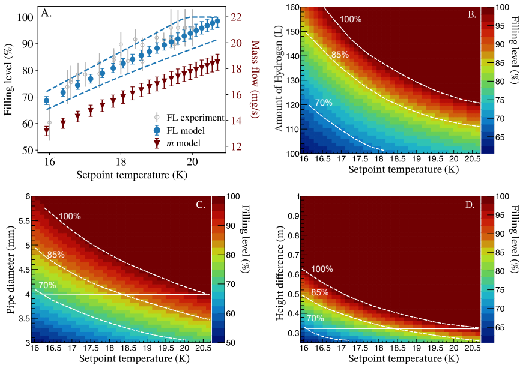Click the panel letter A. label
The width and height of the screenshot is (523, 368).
[46, 13]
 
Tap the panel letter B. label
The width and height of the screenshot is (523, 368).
[471, 14]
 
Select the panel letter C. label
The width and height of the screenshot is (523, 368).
[201, 205]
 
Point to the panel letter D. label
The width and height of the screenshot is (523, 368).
[470, 205]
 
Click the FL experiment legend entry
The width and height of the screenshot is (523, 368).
[189, 118]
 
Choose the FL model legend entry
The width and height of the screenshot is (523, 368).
[179, 131]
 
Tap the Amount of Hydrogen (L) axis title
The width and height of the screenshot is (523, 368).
[279, 78]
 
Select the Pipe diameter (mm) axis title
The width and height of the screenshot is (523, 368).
[11, 270]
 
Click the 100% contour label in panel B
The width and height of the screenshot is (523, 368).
[351, 19]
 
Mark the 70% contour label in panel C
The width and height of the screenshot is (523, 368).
[47, 285]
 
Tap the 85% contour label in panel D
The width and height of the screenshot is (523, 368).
[320, 293]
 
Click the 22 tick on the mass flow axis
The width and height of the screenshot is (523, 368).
[236, 17]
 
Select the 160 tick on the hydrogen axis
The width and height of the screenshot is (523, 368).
[292, 8]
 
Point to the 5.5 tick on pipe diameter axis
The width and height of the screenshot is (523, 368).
[23, 221]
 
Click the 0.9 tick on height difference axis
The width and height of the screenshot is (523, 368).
[293, 216]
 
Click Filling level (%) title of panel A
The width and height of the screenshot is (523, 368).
[8, 80]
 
